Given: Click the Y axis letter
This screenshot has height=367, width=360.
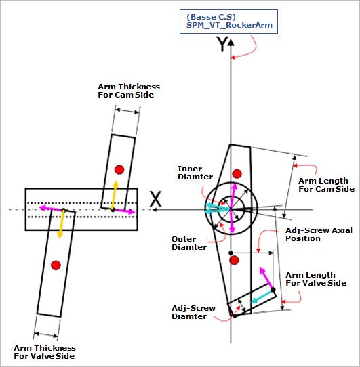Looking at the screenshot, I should [221, 45].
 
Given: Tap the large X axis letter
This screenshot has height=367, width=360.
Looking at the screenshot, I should [156, 199].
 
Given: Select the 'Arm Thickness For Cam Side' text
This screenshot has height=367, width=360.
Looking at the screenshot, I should [129, 91].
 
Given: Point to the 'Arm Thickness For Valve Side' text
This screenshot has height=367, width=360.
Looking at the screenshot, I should [45, 351].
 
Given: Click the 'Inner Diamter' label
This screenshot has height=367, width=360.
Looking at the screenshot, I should [191, 173].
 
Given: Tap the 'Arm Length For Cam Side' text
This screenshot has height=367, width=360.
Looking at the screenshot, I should [326, 185].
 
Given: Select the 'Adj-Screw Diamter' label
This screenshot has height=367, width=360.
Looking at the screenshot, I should [194, 312].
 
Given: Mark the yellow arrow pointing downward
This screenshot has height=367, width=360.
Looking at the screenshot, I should [62, 224].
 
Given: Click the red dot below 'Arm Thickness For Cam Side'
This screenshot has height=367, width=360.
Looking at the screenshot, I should [119, 169].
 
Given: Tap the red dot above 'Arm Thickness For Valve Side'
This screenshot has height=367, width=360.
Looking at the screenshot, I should [56, 264].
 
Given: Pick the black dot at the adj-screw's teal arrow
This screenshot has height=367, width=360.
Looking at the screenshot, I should [273, 290].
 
